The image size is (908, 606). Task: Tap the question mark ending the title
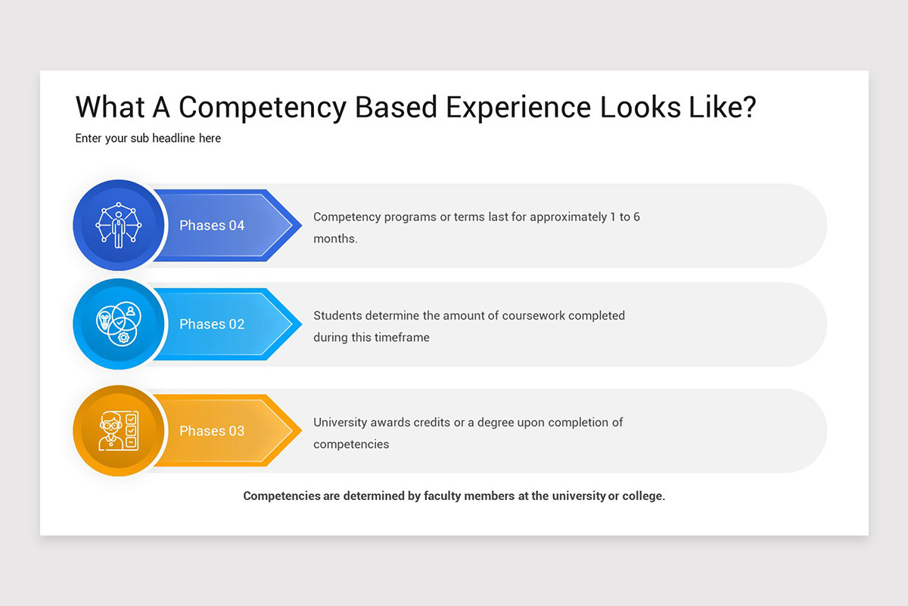point(748,107)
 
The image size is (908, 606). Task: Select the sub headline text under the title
point(148,139)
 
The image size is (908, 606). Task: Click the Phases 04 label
point(212,226)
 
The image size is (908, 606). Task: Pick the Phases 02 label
point(212,324)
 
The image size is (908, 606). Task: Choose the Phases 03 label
point(212,431)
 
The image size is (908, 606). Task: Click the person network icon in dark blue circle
point(118,226)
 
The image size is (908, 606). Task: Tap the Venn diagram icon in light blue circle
point(118,324)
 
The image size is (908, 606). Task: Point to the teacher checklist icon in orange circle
point(118,431)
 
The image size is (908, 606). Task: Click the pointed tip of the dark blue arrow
point(300,226)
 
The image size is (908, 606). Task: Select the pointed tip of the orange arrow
point(300,431)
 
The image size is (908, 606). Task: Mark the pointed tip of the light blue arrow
point(300,324)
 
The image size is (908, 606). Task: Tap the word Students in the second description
point(337,315)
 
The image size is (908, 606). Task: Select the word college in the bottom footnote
point(642,496)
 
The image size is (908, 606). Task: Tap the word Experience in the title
point(518,108)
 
